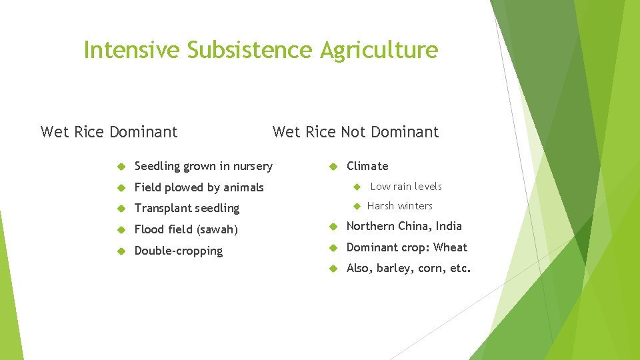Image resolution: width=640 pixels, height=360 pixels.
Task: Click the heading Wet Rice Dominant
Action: coord(109,132)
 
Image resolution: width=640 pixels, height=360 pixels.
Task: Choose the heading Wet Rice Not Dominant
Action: coord(355,132)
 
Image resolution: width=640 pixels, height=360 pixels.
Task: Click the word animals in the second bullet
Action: coord(243,187)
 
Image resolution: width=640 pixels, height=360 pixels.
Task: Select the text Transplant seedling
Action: coord(187,209)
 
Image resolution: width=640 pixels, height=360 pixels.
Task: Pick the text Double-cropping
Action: coord(178,251)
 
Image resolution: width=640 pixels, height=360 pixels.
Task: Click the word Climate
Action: coord(367,166)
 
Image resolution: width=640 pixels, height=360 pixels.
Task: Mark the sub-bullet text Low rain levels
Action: coord(406,187)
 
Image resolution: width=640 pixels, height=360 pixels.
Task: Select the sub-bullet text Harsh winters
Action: coord(399,206)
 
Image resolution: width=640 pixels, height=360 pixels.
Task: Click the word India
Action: coord(449,226)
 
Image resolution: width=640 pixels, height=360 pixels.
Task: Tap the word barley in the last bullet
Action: coord(393,269)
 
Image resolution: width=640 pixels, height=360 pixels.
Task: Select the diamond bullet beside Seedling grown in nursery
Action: coord(121,166)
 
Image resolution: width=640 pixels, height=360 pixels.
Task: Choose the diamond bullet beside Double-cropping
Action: coord(121,251)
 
